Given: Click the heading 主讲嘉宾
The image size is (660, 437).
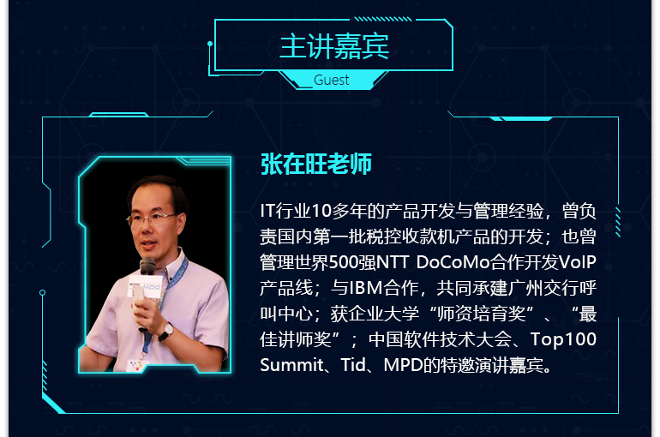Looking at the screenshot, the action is click(x=334, y=46).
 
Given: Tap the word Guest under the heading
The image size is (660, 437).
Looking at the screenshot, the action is click(x=331, y=80).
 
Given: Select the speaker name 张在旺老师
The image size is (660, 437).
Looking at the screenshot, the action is click(x=316, y=164).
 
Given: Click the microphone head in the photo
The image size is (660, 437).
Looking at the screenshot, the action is click(x=147, y=266).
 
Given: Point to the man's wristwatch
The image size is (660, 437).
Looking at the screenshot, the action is click(x=167, y=332).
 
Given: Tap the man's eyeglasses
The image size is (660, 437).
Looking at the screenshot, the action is click(x=151, y=218).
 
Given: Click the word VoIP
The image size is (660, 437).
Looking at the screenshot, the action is click(x=578, y=262).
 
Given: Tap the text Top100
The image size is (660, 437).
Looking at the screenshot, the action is click(x=563, y=340).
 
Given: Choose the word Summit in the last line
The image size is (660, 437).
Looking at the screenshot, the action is click(x=291, y=365).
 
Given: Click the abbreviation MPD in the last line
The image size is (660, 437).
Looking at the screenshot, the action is click(x=403, y=365).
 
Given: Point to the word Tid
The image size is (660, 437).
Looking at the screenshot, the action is click(x=353, y=365).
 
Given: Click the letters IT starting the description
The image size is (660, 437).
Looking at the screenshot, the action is click(x=267, y=211).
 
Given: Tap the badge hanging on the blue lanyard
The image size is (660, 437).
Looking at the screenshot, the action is click(x=136, y=365).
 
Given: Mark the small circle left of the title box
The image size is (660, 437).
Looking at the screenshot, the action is click(x=210, y=44).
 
